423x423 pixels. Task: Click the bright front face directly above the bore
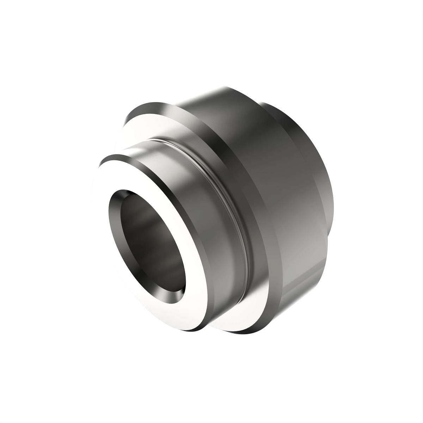(x=141, y=176)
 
